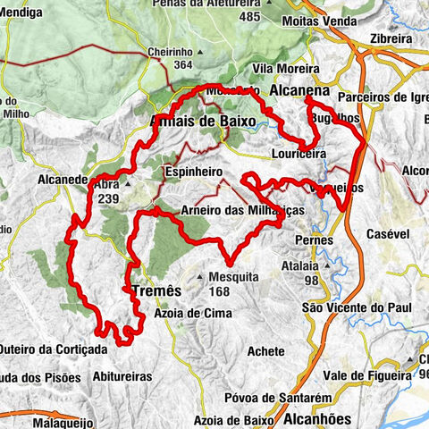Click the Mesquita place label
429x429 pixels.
[235, 276]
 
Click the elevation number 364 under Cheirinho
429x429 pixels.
[183, 64]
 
